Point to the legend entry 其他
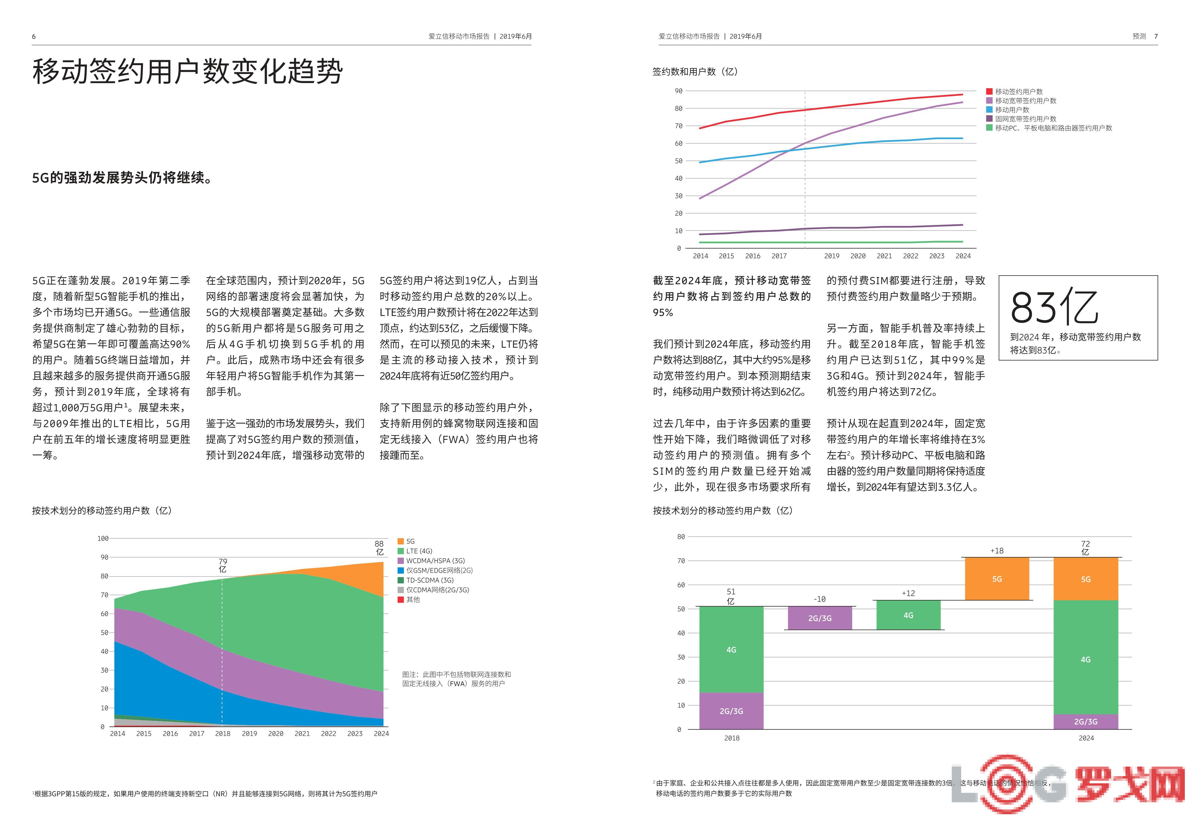(x=412, y=600)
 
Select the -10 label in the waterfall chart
(x=819, y=599)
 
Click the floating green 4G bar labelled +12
(x=908, y=615)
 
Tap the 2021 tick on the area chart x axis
(x=302, y=734)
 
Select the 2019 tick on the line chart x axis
(x=832, y=256)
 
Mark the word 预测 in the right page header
(x=1139, y=36)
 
